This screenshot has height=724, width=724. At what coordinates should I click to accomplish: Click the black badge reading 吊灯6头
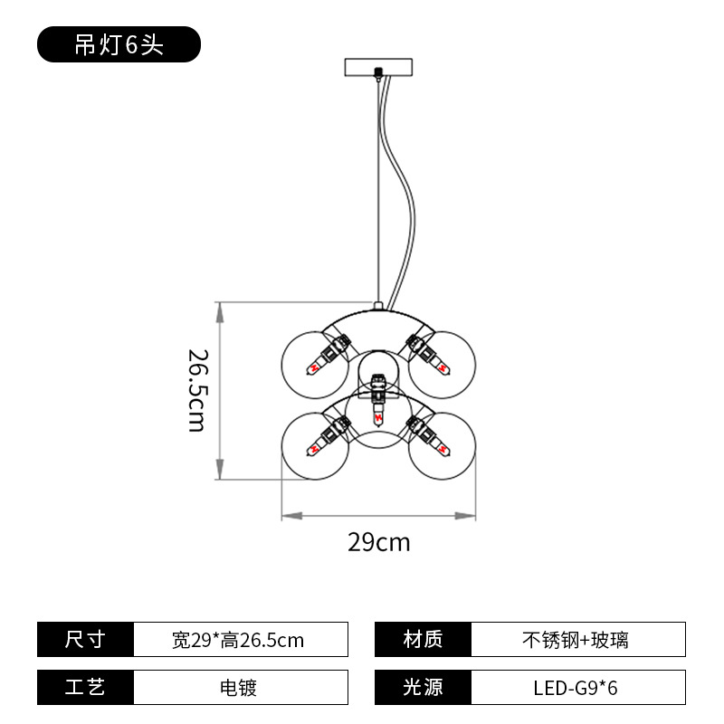point(119,44)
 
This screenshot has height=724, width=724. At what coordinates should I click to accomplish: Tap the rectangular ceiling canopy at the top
point(378,67)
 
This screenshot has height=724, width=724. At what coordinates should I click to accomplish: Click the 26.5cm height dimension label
point(198,391)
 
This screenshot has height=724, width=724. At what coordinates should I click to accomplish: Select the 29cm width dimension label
point(378,542)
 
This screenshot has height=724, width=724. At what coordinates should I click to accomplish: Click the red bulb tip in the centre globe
point(378,418)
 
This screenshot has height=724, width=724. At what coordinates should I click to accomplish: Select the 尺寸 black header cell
point(85,640)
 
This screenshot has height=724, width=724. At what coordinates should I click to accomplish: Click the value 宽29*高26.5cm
point(238,641)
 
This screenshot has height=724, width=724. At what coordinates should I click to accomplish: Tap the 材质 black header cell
point(423,640)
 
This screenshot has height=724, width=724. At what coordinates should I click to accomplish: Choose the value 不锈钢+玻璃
point(576,641)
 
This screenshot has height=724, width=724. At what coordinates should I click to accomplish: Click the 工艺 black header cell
point(85,687)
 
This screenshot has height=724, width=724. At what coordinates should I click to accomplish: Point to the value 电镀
point(238,688)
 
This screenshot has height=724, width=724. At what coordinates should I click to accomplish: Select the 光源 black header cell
point(423,687)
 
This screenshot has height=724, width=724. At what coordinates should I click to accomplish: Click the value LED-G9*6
point(576,688)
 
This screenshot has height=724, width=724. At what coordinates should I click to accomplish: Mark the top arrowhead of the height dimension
point(220,312)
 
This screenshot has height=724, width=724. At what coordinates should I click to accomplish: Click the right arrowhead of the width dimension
point(465,516)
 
